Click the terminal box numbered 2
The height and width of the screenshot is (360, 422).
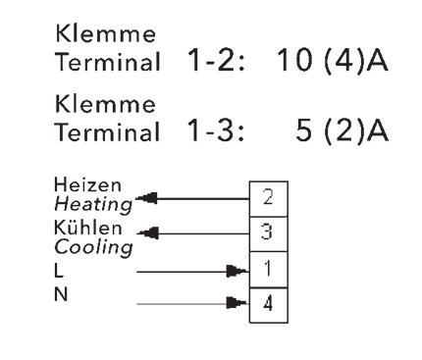(x=269, y=199)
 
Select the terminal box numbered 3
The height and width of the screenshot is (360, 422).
(x=269, y=234)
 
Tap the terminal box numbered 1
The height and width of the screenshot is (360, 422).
(x=269, y=270)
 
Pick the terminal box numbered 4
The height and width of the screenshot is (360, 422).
(x=269, y=305)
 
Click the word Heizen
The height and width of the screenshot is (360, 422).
(x=87, y=184)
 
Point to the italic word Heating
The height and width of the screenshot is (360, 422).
(x=93, y=205)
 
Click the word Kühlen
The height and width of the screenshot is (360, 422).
(x=87, y=228)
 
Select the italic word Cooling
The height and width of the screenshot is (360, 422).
(x=93, y=247)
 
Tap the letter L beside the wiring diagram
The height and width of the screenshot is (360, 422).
(x=59, y=271)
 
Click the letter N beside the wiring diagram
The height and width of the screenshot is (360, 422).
(x=61, y=294)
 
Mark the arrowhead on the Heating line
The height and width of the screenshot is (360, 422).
(x=146, y=198)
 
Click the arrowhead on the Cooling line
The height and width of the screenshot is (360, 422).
(x=148, y=233)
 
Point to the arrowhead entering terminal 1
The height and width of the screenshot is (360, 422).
(x=237, y=271)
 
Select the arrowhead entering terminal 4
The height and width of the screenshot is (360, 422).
(x=237, y=303)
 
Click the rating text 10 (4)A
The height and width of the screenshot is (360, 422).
(x=333, y=61)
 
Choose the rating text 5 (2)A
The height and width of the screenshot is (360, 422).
(x=343, y=130)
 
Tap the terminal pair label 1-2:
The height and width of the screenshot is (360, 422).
(x=216, y=61)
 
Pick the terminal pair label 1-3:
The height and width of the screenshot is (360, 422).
(x=216, y=130)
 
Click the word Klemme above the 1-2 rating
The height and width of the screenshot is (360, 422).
(x=105, y=33)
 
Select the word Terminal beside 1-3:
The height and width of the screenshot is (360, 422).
(x=108, y=131)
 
